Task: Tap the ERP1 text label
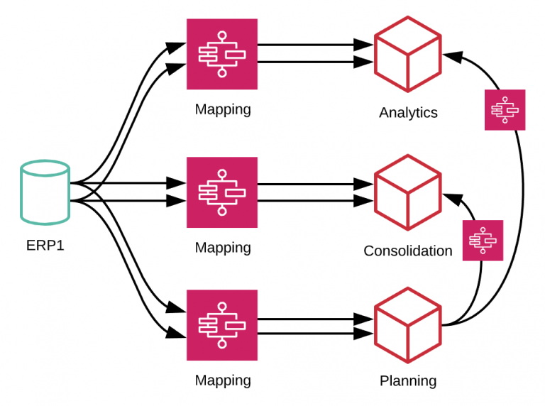[45, 246]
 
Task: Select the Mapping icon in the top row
[222, 54]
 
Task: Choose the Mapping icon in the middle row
[222, 192]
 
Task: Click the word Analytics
[408, 113]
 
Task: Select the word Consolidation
[407, 251]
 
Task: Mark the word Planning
[408, 381]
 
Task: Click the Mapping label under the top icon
[223, 110]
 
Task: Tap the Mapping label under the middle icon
[223, 248]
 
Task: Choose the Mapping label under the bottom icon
[223, 380]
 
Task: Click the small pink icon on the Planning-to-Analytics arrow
[505, 110]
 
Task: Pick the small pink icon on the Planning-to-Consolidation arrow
[483, 240]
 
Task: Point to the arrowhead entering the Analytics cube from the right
[448, 54]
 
